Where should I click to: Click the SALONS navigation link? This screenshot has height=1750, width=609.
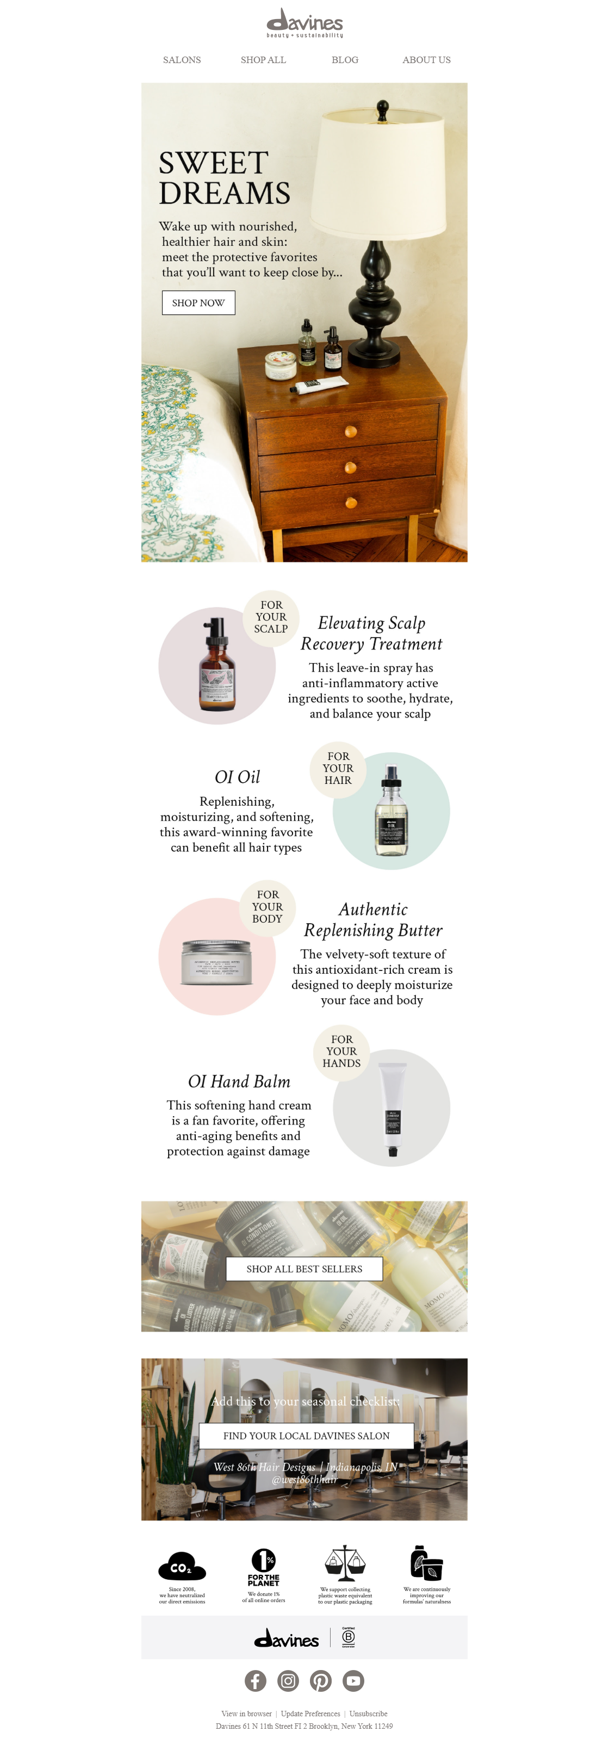tap(181, 60)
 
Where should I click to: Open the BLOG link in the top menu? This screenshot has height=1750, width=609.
tap(344, 60)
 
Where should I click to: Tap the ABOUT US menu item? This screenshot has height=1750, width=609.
tap(426, 60)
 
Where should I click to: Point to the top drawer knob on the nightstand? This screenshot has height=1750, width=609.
tap(350, 431)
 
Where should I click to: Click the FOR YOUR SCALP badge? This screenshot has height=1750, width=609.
tap(270, 617)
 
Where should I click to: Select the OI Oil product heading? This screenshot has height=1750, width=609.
tap(237, 776)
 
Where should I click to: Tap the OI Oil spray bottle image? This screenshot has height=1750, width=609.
tap(391, 812)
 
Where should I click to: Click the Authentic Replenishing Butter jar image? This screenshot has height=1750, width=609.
tap(216, 961)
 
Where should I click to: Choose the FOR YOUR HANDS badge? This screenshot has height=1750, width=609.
tap(341, 1051)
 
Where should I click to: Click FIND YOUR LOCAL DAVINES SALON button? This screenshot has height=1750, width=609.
tap(306, 1436)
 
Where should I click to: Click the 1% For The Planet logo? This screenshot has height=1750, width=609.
tap(263, 1566)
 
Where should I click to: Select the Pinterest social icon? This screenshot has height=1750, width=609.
tap(320, 1681)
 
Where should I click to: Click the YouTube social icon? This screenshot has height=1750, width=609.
tap(353, 1681)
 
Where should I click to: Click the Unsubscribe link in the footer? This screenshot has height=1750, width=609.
tap(368, 1714)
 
